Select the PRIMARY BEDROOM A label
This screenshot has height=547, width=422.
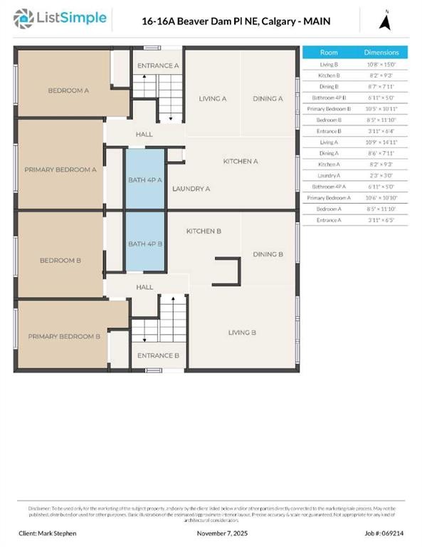tap(60, 170)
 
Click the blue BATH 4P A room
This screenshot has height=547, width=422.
tap(145, 179)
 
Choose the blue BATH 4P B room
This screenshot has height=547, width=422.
tap(145, 244)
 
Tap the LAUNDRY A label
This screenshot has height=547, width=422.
tap(191, 189)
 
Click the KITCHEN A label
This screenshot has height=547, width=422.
tap(240, 162)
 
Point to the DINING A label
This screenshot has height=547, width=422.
tap(268, 98)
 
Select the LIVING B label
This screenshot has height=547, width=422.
tap(242, 332)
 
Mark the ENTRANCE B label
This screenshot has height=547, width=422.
tap(158, 355)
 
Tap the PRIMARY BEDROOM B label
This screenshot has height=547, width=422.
tap(64, 335)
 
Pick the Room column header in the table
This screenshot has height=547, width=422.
tap(329, 53)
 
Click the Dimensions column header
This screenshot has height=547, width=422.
tap(381, 53)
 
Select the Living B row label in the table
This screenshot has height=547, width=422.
tap(329, 65)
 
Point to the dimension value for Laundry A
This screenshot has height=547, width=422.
tap(381, 174)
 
